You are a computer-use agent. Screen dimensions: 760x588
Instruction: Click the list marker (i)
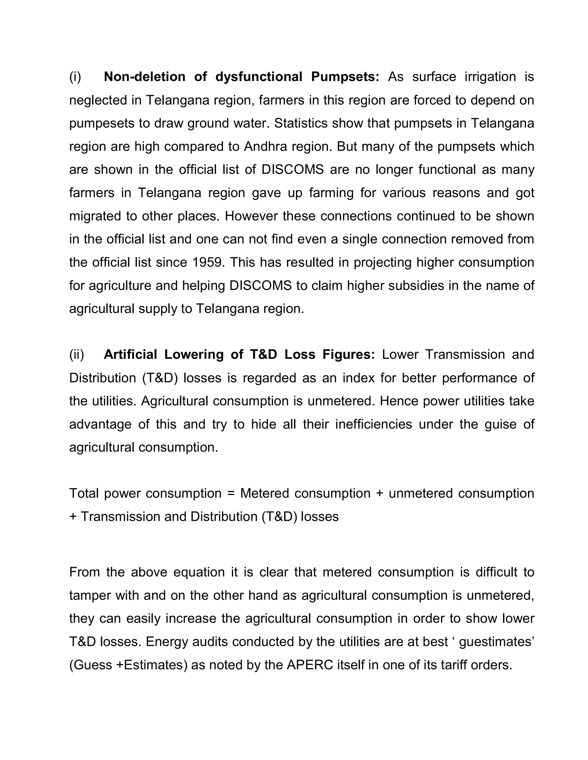75,77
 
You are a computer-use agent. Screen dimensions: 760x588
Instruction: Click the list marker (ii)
77,354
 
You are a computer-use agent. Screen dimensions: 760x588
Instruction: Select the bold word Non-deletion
145,77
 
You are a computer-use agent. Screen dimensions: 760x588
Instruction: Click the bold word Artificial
131,354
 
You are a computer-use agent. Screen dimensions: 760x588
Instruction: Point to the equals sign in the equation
231,494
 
